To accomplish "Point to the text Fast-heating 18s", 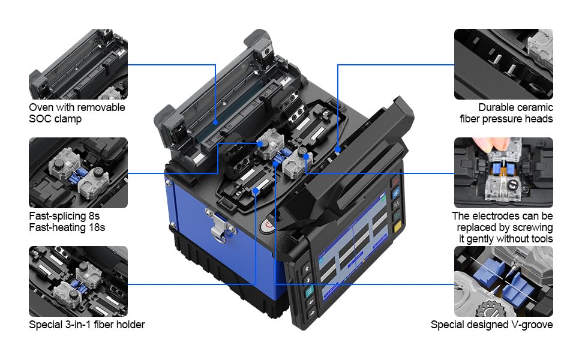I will pos(67,227).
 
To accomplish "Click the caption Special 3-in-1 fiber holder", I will pos(87,325).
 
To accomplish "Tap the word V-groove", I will pos(532,325).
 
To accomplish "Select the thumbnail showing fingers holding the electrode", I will pos(503,173).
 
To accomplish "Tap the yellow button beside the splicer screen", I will pos(397,227).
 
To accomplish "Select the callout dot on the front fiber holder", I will pos(256,191).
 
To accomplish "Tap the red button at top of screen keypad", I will pos(396,182).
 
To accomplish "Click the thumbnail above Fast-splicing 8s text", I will pos(78,173).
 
